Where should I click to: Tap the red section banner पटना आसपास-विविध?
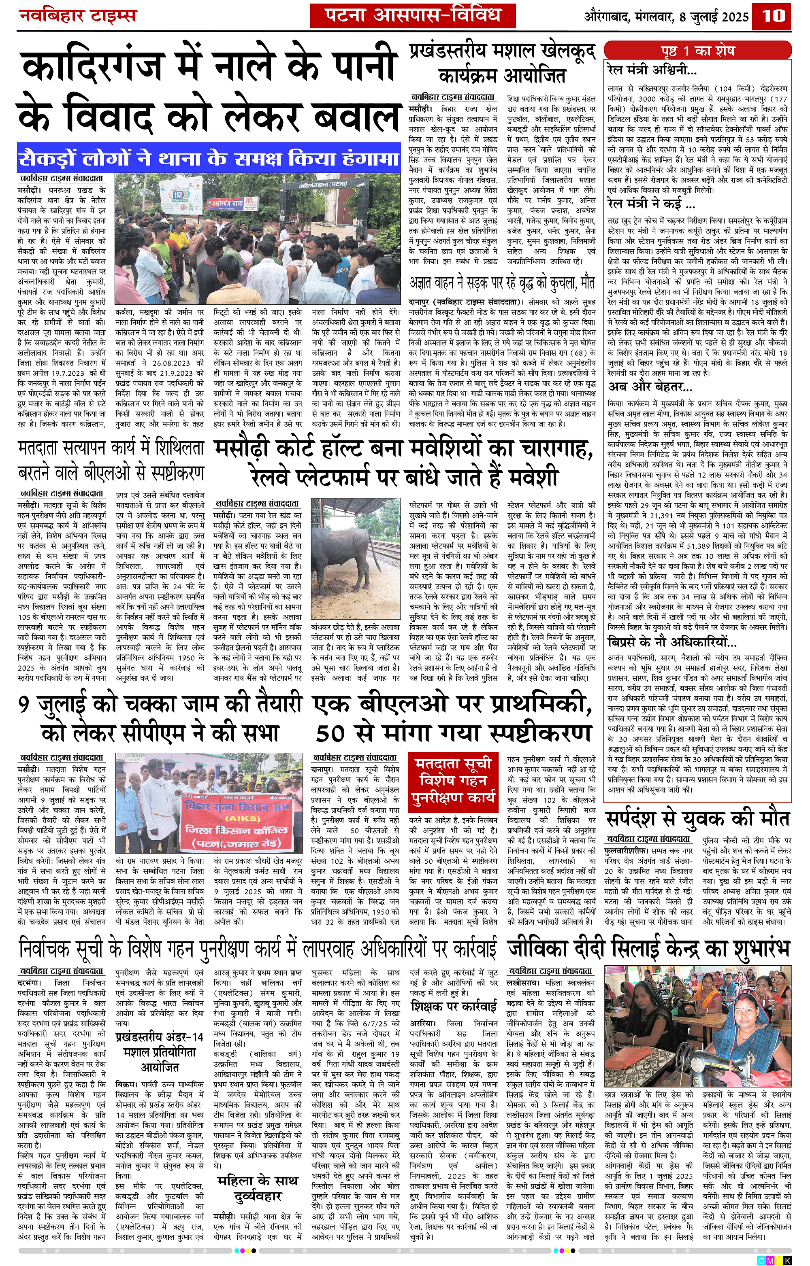click(412, 15)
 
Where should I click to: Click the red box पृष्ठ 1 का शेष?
click(697, 51)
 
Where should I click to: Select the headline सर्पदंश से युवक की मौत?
click(697, 819)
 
